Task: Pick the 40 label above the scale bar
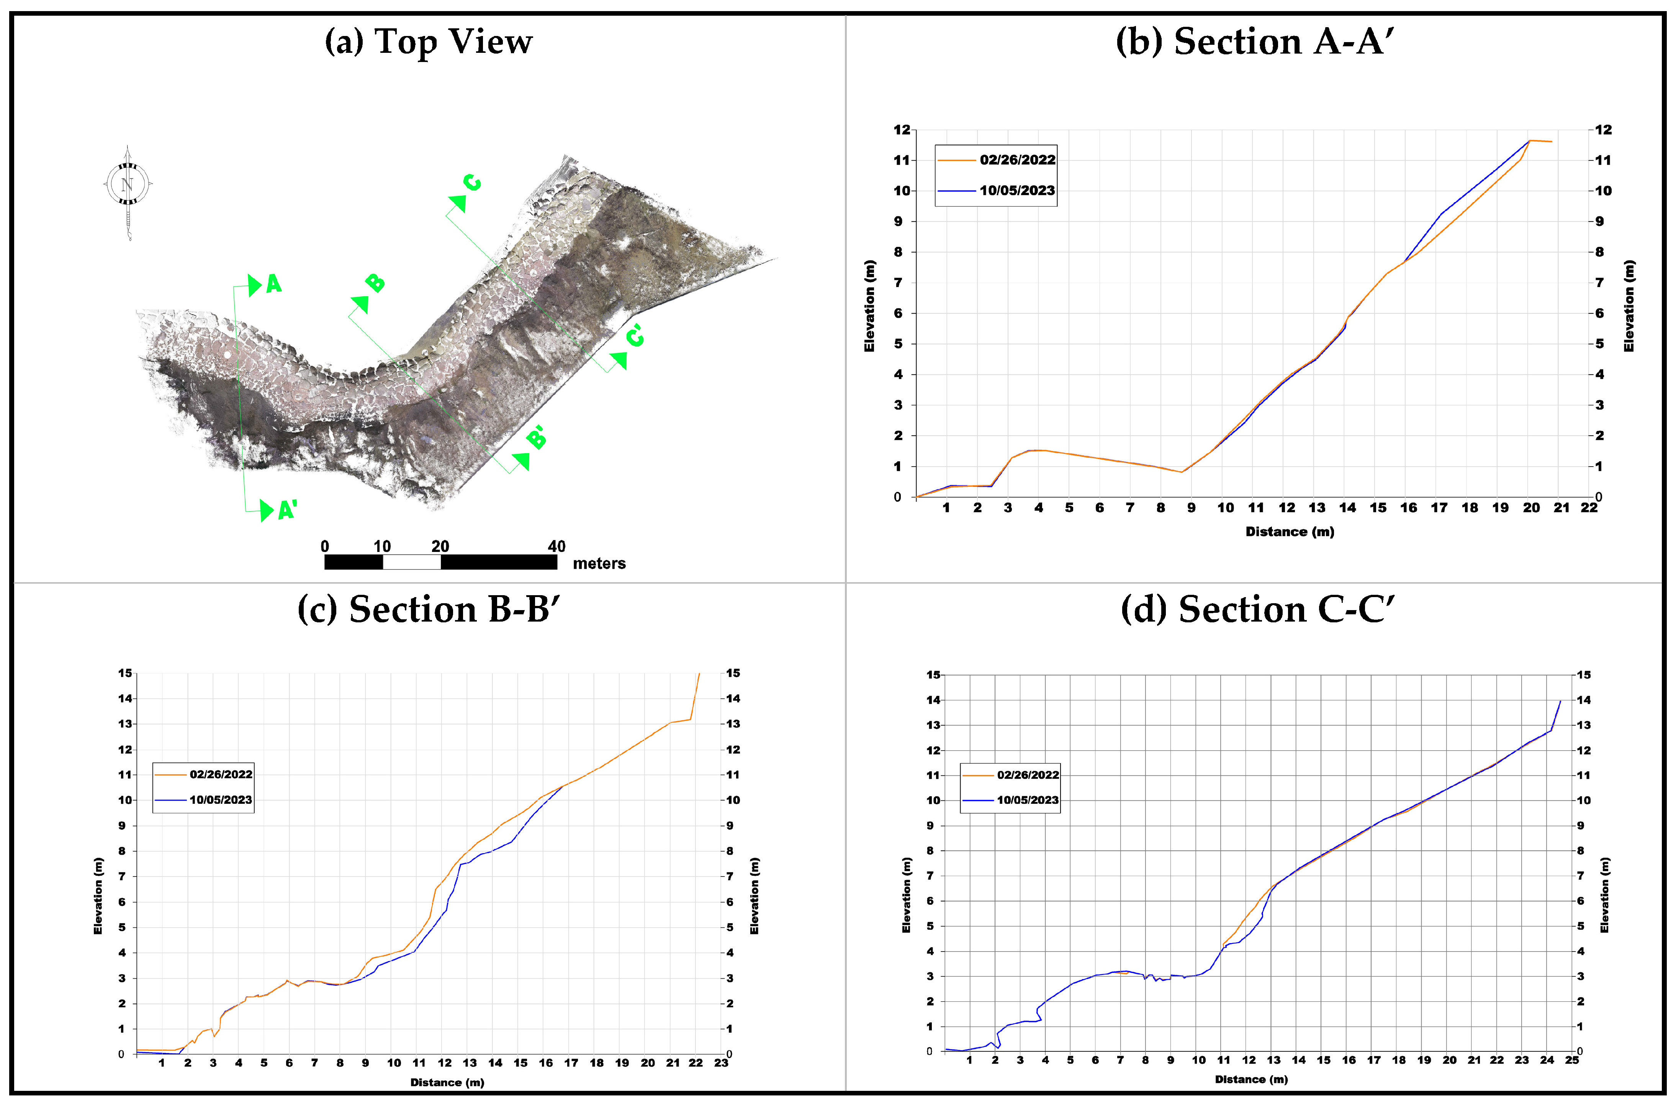556,546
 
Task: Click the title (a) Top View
428,42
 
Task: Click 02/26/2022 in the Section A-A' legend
1017,160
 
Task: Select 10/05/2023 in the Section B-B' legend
221,800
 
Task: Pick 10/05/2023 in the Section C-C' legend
1027,800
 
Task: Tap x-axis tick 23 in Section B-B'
720,1063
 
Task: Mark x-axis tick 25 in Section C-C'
1572,1060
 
